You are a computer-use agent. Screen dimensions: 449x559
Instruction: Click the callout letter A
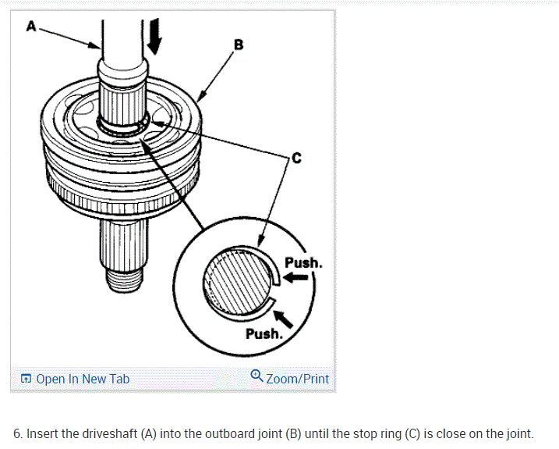pyautogui.click(x=31, y=26)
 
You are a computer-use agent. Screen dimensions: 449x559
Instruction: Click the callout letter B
pyautogui.click(x=239, y=45)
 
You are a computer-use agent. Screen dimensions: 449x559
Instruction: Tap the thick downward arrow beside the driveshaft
pyautogui.click(x=154, y=35)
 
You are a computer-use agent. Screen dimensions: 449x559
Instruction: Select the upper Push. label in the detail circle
pyautogui.click(x=303, y=262)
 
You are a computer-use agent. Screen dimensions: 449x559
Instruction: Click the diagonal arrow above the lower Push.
pyautogui.click(x=283, y=315)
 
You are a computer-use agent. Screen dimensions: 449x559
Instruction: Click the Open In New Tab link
pyautogui.click(x=83, y=379)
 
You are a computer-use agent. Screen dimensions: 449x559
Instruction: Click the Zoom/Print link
pyautogui.click(x=297, y=379)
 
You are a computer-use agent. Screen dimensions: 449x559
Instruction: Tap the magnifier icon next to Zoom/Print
pyautogui.click(x=257, y=377)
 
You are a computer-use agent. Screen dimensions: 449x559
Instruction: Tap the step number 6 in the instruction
pyautogui.click(x=17, y=433)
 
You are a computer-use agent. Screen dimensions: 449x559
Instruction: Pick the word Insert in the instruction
pyautogui.click(x=43, y=433)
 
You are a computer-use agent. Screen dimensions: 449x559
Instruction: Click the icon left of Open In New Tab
pyautogui.click(x=26, y=379)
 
